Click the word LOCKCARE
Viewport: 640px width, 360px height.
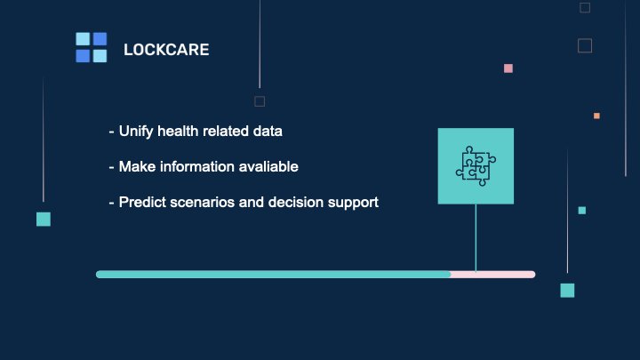(x=166, y=50)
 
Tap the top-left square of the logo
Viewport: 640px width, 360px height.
(x=83, y=39)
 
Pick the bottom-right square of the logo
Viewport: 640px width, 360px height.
(x=100, y=56)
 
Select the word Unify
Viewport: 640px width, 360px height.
(x=136, y=132)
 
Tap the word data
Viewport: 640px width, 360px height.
(x=268, y=131)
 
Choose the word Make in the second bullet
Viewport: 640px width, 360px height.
(x=137, y=166)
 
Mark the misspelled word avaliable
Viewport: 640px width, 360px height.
(x=268, y=166)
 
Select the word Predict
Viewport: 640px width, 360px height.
(x=142, y=202)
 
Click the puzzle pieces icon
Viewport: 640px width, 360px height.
(x=476, y=166)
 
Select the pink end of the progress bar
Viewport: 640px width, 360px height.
(x=492, y=275)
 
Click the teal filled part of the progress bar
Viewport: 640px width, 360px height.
(x=273, y=275)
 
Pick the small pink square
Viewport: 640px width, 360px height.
(x=508, y=68)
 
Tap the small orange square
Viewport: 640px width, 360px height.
(x=596, y=116)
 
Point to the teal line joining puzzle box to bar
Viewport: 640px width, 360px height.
(x=476, y=237)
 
